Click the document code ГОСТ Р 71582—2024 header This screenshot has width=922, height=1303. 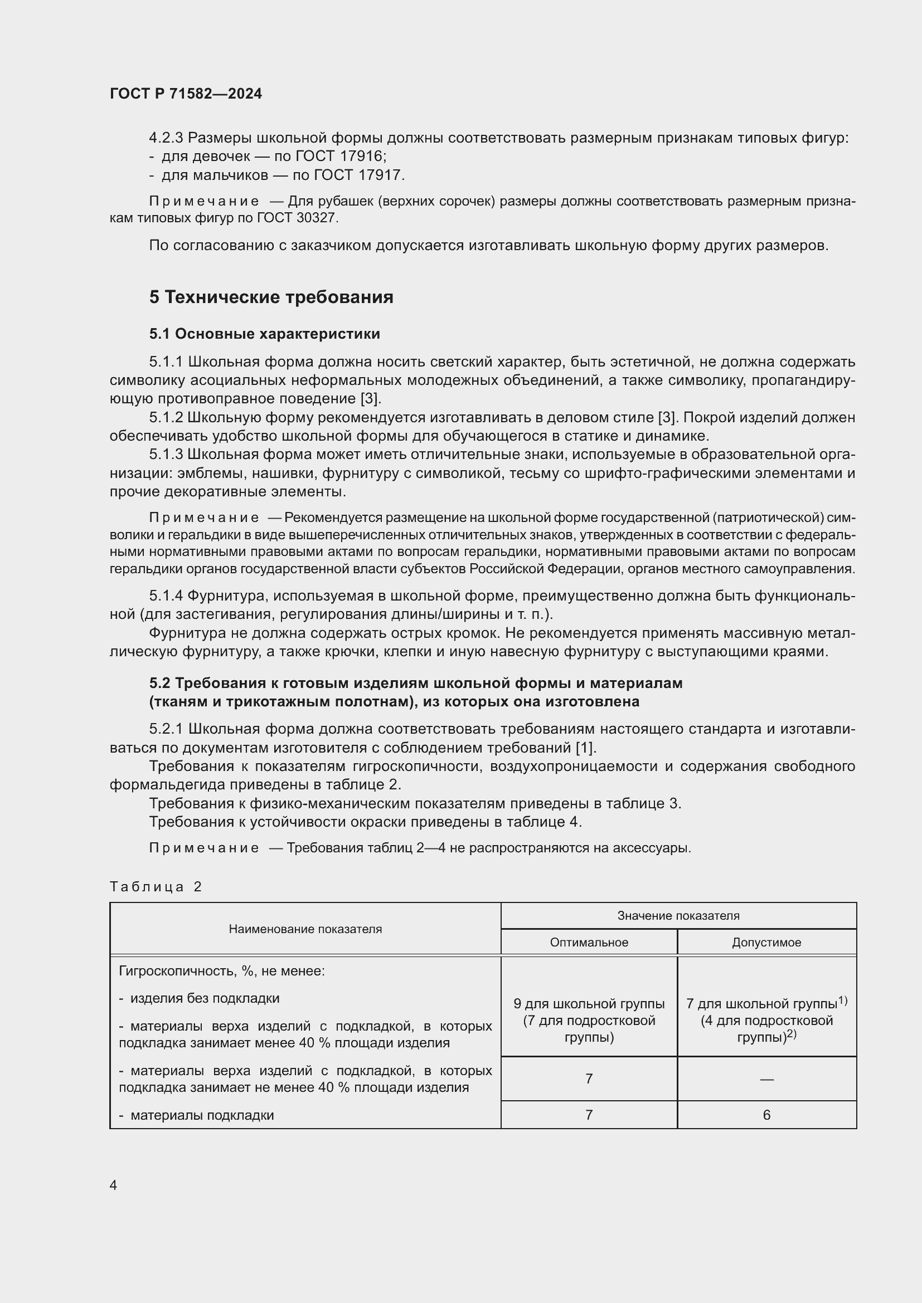[x=186, y=94]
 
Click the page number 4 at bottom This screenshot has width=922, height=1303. [x=114, y=1185]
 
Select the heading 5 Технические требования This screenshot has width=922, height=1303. [x=271, y=297]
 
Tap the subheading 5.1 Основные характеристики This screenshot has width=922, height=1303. [x=265, y=334]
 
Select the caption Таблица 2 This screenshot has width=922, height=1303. [x=156, y=886]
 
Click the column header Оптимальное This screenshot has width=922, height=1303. [x=589, y=942]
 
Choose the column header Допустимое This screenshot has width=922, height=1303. [x=766, y=942]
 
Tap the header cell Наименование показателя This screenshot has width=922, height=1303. [x=305, y=929]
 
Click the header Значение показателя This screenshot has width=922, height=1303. [x=678, y=915]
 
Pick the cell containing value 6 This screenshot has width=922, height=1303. [x=766, y=1115]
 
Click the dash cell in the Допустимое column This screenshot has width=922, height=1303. [x=766, y=1079]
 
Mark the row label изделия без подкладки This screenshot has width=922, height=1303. [x=205, y=998]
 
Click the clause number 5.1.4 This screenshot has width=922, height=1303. [x=166, y=596]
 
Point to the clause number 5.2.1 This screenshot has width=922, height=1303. [x=166, y=729]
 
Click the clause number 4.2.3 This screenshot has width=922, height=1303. [x=166, y=138]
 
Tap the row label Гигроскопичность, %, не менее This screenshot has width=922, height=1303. [x=221, y=971]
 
